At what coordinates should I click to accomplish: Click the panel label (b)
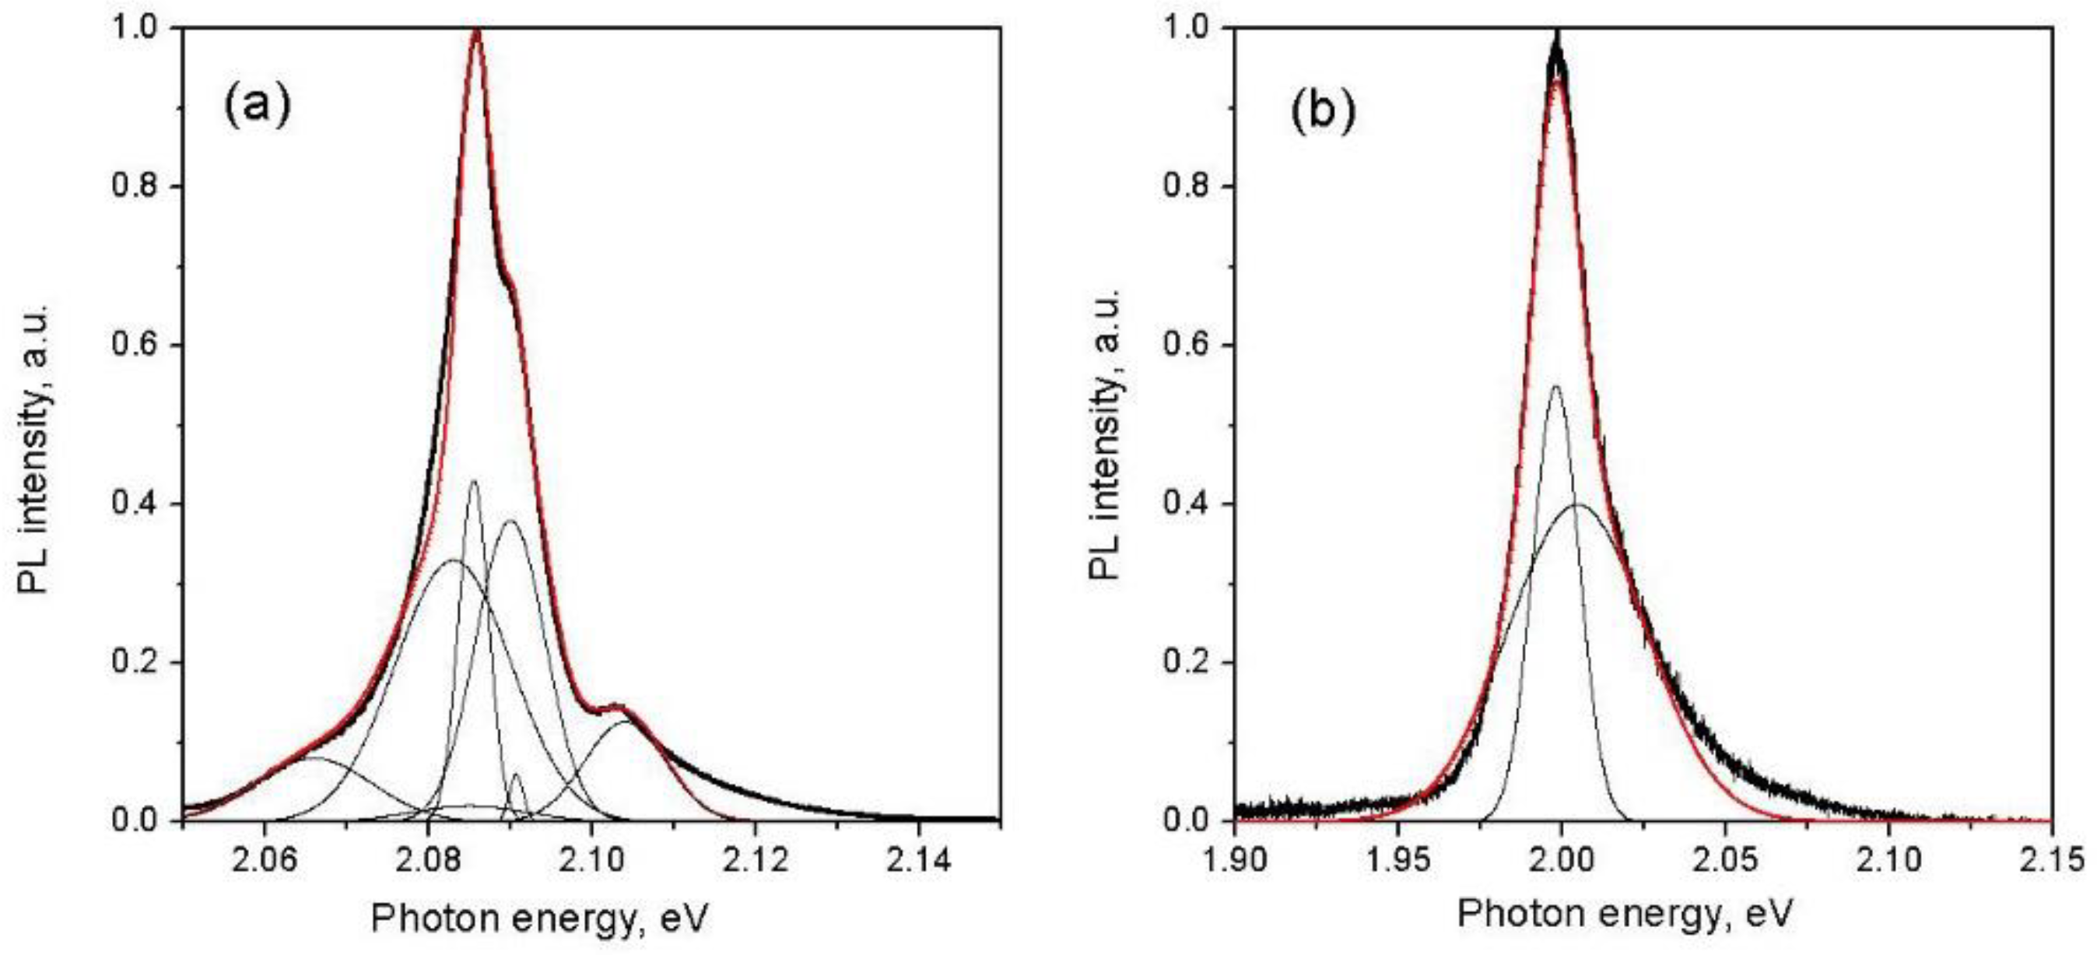1324,110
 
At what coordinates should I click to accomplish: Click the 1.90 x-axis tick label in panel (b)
1234,861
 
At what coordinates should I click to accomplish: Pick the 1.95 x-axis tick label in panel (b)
1397,861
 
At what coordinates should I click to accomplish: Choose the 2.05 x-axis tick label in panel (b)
1725,861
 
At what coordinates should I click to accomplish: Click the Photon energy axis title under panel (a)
541,918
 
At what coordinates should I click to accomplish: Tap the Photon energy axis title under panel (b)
1625,914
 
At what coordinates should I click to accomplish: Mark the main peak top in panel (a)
477,33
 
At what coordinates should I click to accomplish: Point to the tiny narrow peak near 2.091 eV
516,775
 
